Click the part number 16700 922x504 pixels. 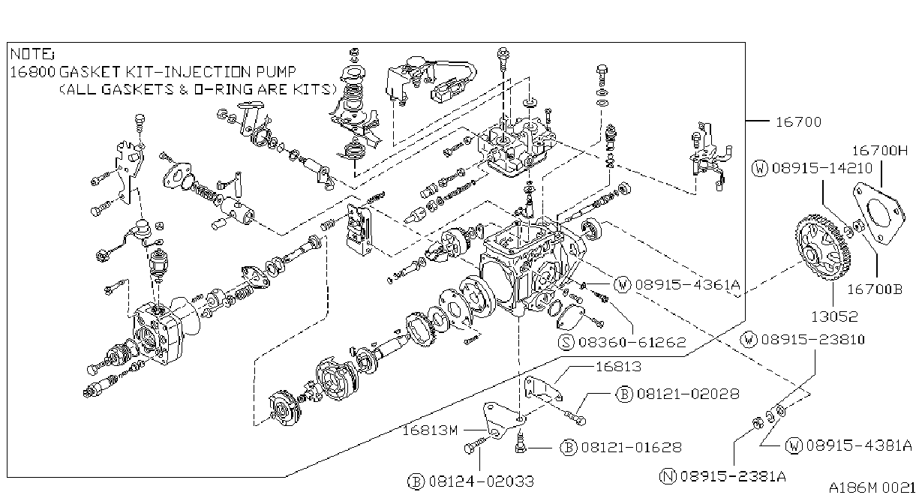(x=798, y=122)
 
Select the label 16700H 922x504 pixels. (x=879, y=151)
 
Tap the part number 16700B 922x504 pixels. (x=874, y=289)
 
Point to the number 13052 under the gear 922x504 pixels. (x=834, y=316)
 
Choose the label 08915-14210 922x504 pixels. (x=822, y=168)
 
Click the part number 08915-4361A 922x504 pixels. (x=687, y=285)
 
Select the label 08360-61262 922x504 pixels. (x=632, y=342)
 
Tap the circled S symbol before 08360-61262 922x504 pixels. (x=566, y=342)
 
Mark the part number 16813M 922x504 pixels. (x=430, y=430)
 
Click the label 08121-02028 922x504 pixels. (x=688, y=394)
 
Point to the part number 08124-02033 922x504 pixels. (x=481, y=481)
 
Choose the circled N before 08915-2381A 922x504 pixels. (x=668, y=476)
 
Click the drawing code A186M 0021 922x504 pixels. (x=872, y=488)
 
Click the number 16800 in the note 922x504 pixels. (x=32, y=72)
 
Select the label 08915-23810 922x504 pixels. (x=813, y=340)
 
